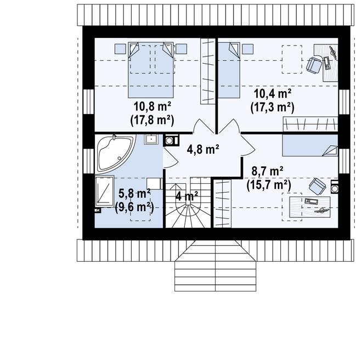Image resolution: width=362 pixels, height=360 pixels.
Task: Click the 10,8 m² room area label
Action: click(x=152, y=107)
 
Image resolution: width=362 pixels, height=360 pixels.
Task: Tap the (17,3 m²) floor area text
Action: click(x=273, y=108)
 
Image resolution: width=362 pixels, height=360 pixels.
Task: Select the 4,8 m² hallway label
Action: click(x=203, y=149)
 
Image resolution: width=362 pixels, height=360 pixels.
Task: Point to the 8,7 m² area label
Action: click(x=267, y=171)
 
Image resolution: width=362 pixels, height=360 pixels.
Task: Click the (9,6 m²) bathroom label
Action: click(x=134, y=207)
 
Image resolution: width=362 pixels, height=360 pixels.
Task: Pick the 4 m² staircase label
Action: click(x=186, y=196)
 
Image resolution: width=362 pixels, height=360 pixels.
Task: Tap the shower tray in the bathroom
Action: click(x=105, y=191)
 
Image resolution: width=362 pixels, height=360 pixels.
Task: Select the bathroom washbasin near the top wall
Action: click(x=151, y=139)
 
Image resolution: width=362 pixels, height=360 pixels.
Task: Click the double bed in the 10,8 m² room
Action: click(x=150, y=70)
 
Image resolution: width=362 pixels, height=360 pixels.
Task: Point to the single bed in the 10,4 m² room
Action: click(x=229, y=70)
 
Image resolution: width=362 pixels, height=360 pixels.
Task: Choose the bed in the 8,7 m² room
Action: click(x=310, y=145)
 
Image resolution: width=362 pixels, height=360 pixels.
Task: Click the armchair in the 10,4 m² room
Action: click(x=314, y=65)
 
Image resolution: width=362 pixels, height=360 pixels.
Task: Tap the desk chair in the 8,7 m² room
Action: click(x=318, y=186)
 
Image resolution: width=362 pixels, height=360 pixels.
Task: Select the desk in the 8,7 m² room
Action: click(x=310, y=207)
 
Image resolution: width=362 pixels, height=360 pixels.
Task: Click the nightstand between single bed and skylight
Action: click(x=248, y=49)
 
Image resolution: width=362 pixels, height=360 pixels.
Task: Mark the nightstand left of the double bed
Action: click(x=120, y=49)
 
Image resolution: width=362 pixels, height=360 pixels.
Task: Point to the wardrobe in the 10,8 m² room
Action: click(x=208, y=71)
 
